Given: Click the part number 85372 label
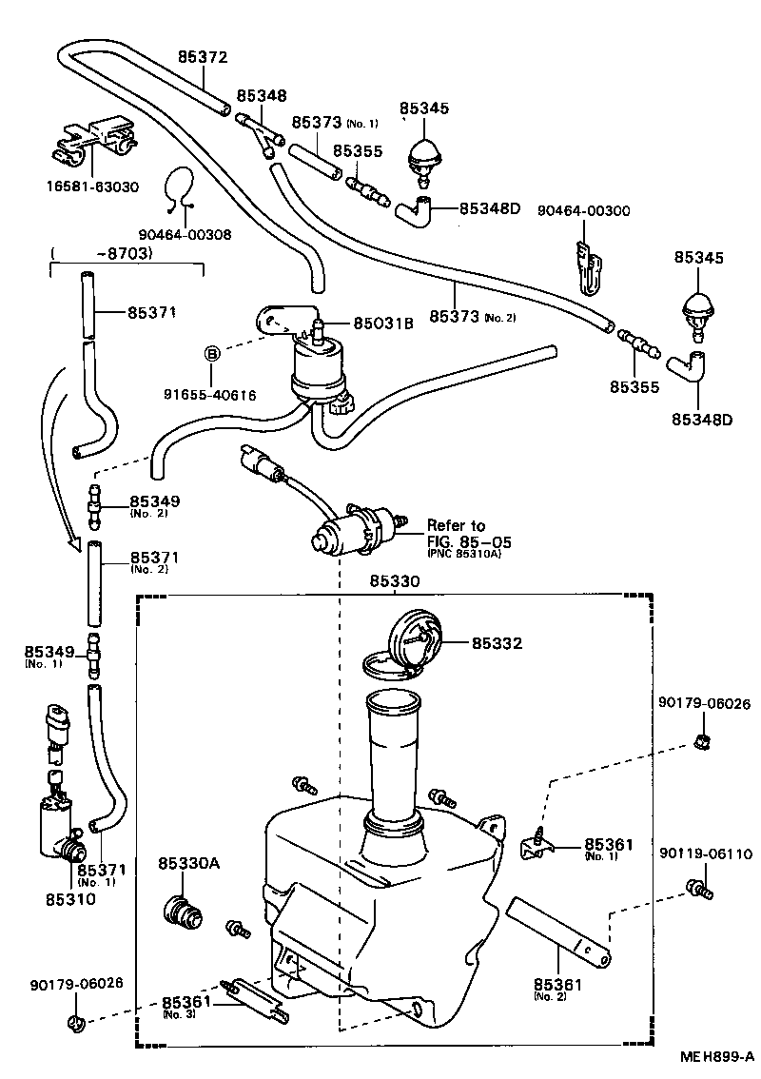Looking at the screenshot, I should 203,56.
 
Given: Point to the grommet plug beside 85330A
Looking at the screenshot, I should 183,912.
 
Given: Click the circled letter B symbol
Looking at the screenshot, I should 213,354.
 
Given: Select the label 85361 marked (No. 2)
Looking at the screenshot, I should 558,983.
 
